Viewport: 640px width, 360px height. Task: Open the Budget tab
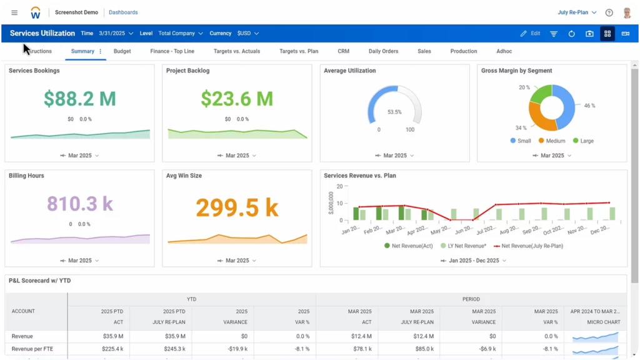[122, 51]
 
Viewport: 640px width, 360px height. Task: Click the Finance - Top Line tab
[172, 51]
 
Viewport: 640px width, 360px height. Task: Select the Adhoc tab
[504, 51]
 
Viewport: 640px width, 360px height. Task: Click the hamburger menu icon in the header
[14, 12]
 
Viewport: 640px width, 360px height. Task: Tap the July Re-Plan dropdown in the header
[577, 12]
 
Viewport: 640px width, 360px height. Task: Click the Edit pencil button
[530, 33]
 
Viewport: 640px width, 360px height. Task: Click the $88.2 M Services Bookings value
[80, 98]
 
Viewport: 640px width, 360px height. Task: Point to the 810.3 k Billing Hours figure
[80, 204]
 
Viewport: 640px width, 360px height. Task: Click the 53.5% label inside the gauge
[394, 112]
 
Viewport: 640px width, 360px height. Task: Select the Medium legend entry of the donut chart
[551, 141]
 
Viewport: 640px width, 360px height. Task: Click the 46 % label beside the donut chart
[589, 106]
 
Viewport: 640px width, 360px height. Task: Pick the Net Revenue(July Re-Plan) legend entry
[528, 246]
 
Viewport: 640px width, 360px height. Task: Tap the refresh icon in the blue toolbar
[571, 34]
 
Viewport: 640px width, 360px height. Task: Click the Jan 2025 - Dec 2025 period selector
[474, 260]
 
